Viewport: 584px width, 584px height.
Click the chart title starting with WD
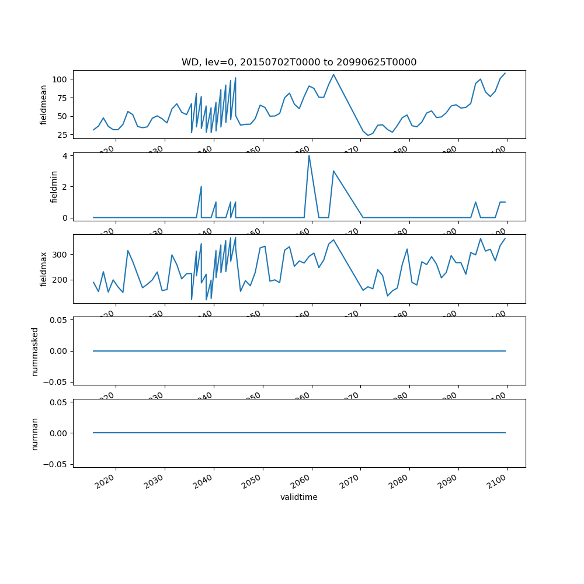(x=299, y=62)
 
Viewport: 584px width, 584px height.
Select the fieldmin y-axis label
(x=54, y=187)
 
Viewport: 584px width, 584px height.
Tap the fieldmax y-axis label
(x=44, y=269)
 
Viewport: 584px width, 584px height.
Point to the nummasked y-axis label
(x=34, y=351)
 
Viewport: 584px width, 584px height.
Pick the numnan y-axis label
(x=34, y=433)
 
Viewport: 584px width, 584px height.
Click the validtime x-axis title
(x=299, y=498)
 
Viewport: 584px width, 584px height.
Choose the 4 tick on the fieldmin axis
(x=66, y=155)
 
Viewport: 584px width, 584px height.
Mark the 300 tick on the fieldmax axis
(x=61, y=255)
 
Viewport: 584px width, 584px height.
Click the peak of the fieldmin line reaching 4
(x=309, y=155)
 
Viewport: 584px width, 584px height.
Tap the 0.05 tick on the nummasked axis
(x=59, y=320)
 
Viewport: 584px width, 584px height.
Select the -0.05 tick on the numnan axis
(x=57, y=464)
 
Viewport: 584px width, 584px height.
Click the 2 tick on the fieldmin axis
(x=66, y=186)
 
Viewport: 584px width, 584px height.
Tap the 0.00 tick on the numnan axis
(x=59, y=433)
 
